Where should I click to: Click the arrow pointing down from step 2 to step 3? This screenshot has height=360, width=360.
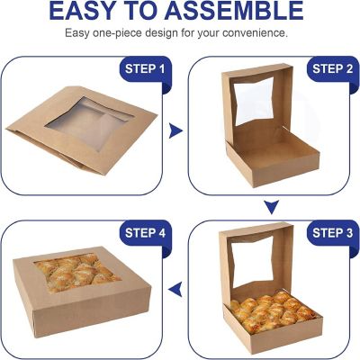pos(268,208)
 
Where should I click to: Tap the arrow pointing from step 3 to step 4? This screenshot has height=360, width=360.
pos(177,289)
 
